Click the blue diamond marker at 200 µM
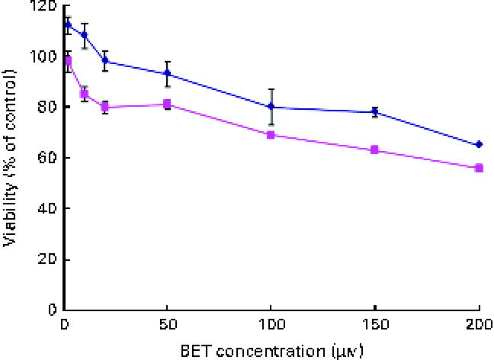click(x=479, y=144)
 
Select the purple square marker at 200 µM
click(x=479, y=168)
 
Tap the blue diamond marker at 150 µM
click(x=374, y=111)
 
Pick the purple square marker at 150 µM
click(x=374, y=149)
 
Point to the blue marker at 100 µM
click(x=271, y=107)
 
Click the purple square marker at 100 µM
click(x=271, y=135)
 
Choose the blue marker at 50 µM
click(x=167, y=74)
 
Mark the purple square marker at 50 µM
click(x=167, y=104)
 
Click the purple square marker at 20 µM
click(x=104, y=108)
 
